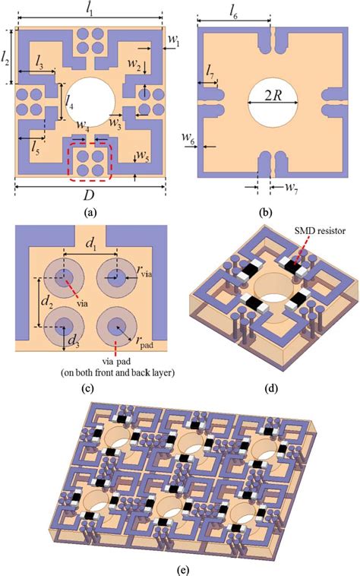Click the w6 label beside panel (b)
187,137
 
